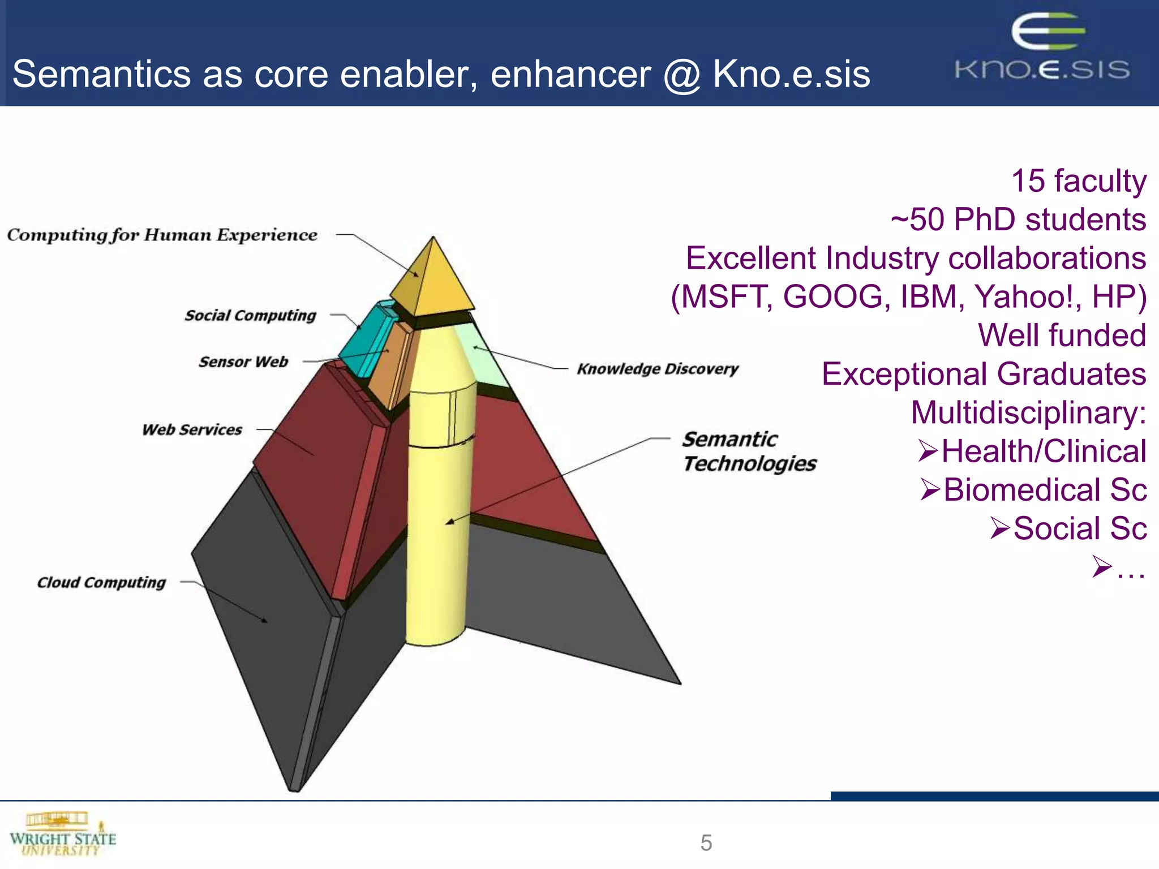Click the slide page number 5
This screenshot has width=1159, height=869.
click(x=706, y=843)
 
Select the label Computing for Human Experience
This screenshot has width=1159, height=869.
click(x=162, y=235)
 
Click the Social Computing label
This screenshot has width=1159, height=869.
click(x=250, y=315)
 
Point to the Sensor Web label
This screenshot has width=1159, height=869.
click(x=243, y=362)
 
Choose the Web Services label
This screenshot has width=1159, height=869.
click(x=192, y=429)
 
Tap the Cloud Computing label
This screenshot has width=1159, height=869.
click(x=101, y=582)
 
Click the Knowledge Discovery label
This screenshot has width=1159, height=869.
click(x=658, y=369)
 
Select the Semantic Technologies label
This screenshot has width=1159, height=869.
click(x=748, y=451)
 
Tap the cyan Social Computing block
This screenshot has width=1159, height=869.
click(x=365, y=339)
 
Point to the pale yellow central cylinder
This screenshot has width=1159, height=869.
click(x=436, y=537)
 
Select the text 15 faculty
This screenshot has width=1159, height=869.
click(x=1078, y=181)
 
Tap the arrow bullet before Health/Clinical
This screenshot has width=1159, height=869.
click(x=928, y=451)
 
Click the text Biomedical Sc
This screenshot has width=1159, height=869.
click(x=1045, y=490)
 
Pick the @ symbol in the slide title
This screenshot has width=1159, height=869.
click(x=682, y=75)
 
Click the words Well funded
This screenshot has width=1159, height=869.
click(x=1062, y=335)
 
